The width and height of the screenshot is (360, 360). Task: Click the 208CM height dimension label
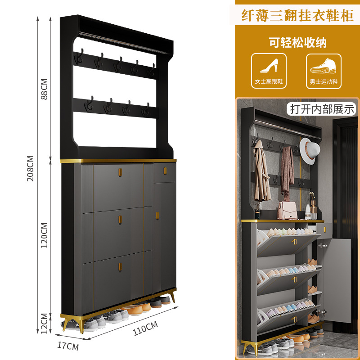(x=31, y=169)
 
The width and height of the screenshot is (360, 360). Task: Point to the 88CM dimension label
(x=44, y=90)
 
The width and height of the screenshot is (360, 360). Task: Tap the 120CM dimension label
(x=44, y=235)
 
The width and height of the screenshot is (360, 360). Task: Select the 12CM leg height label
(x=44, y=323)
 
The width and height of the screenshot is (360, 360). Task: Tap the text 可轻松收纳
(x=297, y=43)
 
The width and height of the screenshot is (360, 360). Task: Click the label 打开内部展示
(x=322, y=108)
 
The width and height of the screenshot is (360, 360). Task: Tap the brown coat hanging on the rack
(x=261, y=175)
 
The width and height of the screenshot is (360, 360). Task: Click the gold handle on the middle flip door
(x=120, y=219)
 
